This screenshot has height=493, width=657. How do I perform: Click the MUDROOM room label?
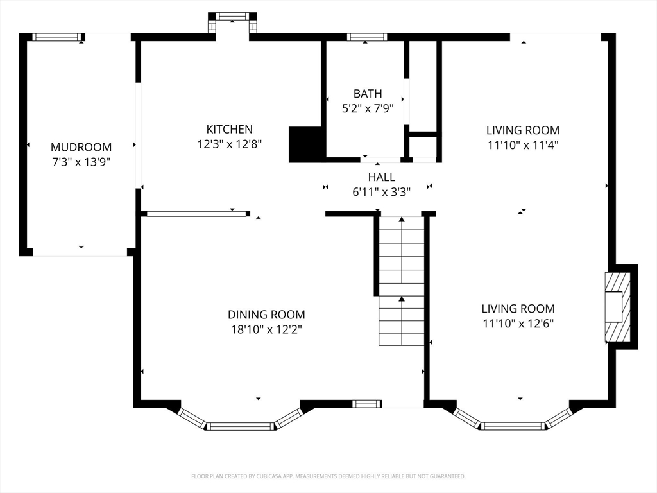coord(81,147)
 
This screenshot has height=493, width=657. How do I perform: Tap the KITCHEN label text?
coord(229,129)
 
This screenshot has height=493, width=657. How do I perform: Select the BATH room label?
coord(368,94)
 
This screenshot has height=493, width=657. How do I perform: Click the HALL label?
coord(381,177)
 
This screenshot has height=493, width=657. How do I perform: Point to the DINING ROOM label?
coord(266,315)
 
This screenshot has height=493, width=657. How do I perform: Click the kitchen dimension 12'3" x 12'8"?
coord(230,144)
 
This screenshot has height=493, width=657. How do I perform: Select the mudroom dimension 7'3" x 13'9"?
coord(81,162)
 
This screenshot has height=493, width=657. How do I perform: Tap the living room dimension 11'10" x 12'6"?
coord(518,324)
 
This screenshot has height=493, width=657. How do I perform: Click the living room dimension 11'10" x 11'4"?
coord(523,145)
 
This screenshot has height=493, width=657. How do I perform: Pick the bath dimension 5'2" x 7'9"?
coord(368,108)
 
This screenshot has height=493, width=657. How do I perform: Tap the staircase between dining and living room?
coord(402,281)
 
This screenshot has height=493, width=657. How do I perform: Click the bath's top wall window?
coord(366,37)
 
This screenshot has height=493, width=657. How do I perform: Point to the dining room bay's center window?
coord(240,427)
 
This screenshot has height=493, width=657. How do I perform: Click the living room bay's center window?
coord(513,426)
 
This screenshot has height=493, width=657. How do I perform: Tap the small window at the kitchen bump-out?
coord(232,16)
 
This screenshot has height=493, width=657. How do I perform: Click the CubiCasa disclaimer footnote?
coord(328,476)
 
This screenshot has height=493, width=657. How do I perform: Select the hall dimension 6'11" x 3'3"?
coord(381,192)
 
